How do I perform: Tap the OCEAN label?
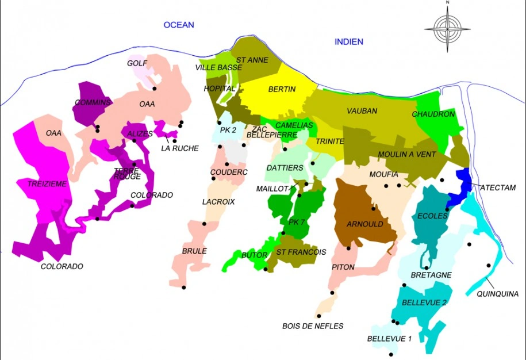179,25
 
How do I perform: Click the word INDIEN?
349,41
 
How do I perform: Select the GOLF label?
137,63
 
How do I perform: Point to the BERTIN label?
282,89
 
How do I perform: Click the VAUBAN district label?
362,110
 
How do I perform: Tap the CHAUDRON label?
433,114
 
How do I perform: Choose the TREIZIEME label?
47,183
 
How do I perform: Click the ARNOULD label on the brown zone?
365,224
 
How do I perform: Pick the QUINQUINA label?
498,294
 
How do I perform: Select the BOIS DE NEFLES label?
313,326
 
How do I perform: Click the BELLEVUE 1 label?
389,339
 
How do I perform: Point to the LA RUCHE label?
179,148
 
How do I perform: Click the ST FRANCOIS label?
301,252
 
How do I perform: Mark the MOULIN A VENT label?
406,154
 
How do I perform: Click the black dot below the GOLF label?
155,89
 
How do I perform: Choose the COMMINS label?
92,102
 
